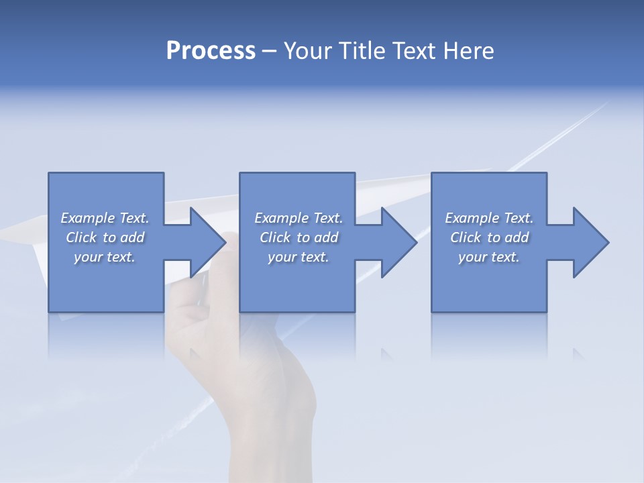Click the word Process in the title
click(211, 51)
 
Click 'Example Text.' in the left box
click(105, 218)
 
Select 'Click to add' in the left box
click(105, 237)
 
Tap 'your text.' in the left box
click(105, 257)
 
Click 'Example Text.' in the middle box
click(299, 218)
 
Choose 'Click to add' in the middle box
click(299, 237)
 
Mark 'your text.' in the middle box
click(299, 257)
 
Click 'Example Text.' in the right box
click(489, 218)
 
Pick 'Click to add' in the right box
click(489, 237)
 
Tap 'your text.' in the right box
click(489, 257)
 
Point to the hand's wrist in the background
click(272, 429)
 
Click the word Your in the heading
click(307, 51)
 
